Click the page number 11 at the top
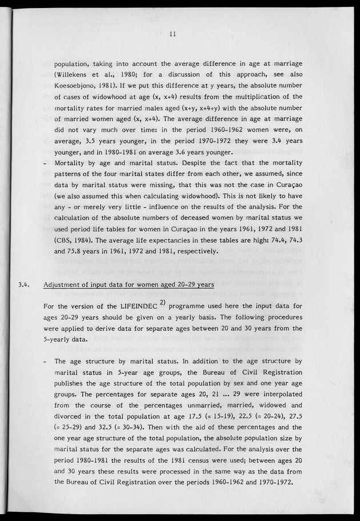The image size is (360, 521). [172, 34]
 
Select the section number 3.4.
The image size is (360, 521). [24, 283]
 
